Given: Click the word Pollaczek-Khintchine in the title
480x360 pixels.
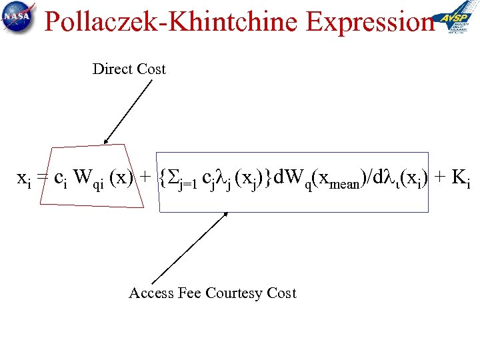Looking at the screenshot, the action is (171, 22).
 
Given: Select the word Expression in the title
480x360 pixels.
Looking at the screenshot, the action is (370, 22).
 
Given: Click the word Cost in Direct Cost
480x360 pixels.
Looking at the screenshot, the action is (151, 69).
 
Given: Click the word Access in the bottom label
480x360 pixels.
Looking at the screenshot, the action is (151, 293).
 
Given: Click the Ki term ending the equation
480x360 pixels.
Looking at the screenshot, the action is (461, 179).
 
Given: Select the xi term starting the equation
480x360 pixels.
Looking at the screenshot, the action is (23, 179).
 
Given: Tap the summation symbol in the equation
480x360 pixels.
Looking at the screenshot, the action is (171, 178).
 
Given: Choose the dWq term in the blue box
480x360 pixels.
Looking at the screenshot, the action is (291, 179).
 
